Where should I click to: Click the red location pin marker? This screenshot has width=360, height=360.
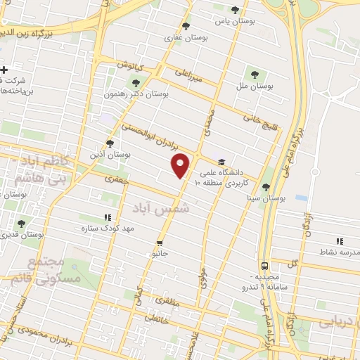coord(181,166)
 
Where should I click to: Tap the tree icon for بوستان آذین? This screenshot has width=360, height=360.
coord(110,143)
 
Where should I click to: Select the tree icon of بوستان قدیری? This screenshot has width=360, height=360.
coord(21,223)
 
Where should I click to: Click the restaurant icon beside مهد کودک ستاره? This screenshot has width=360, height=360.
coord(108,218)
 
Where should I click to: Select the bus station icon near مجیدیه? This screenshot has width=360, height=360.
coord(264,266)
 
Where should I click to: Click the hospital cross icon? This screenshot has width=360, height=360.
coord(4,69)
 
